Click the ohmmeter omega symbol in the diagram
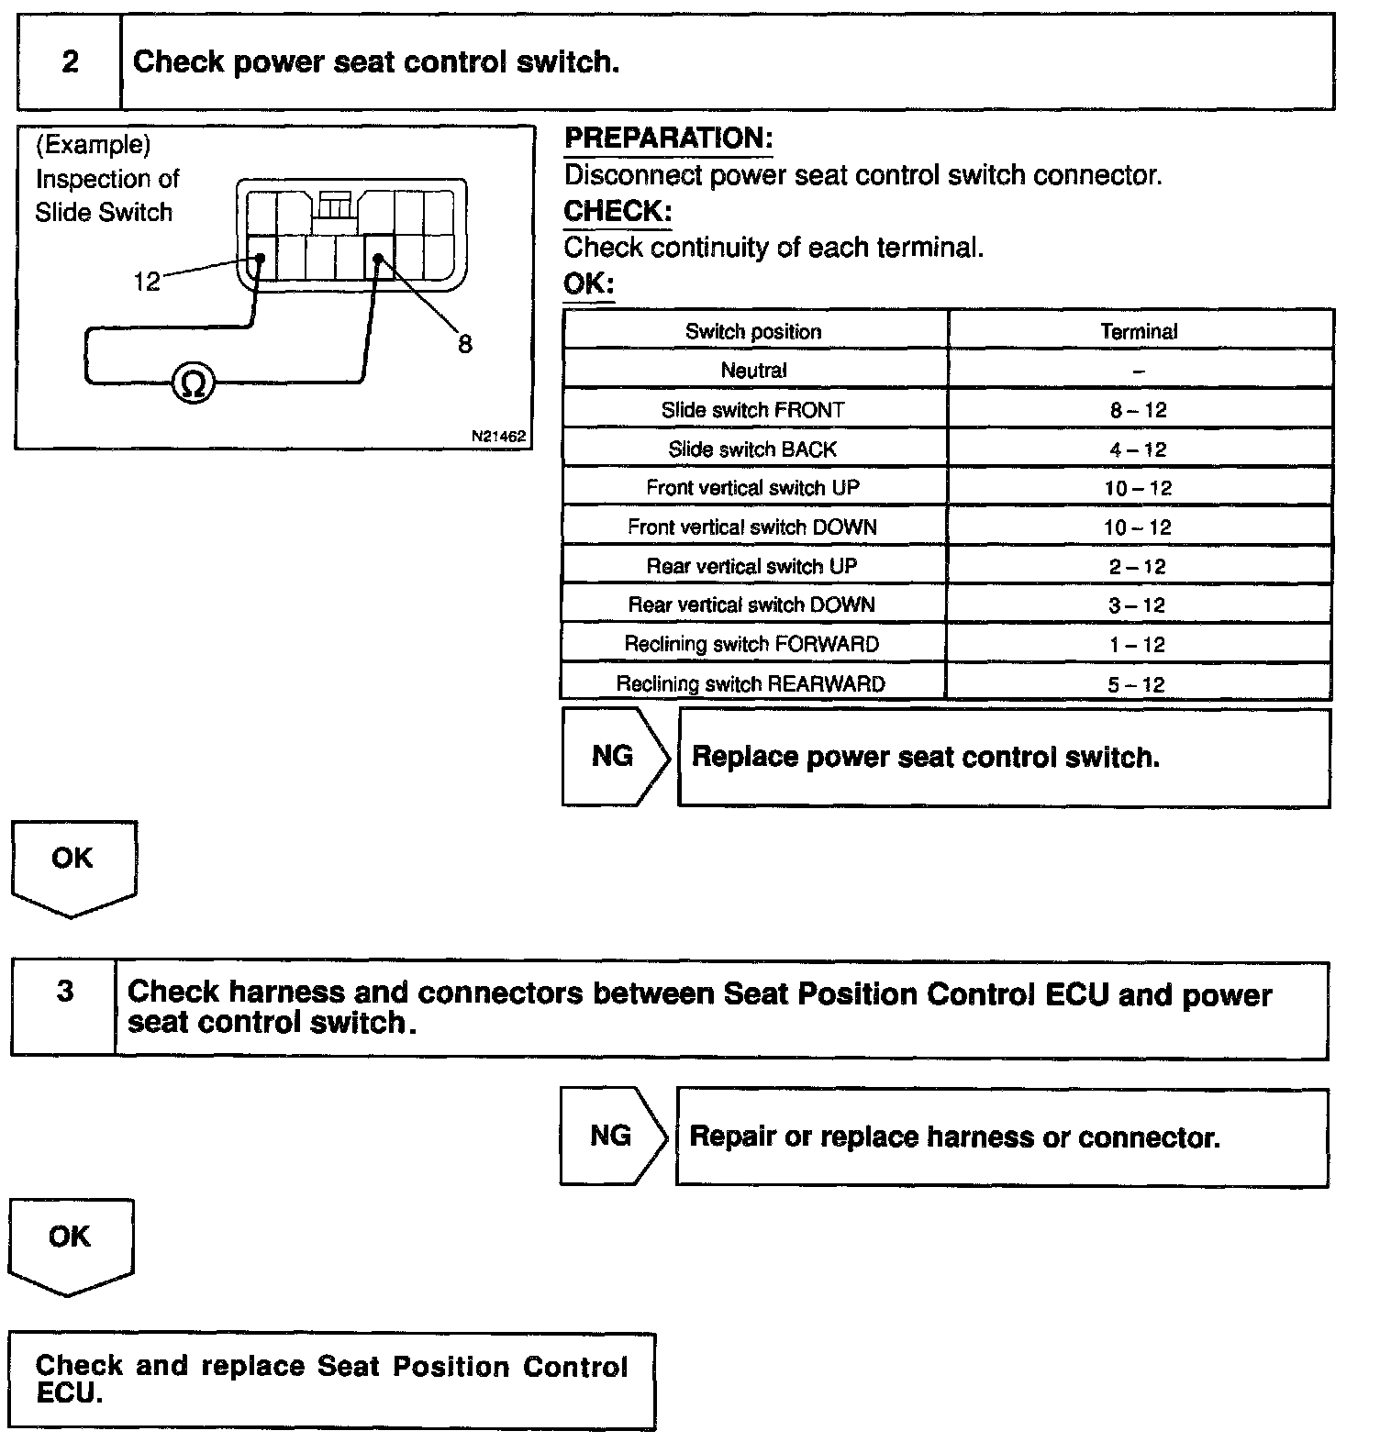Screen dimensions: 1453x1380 pyautogui.click(x=194, y=383)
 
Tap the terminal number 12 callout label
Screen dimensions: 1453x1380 pyautogui.click(x=146, y=282)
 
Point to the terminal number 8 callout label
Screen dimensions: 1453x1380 pyautogui.click(x=465, y=345)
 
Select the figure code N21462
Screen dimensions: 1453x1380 pyautogui.click(x=498, y=437)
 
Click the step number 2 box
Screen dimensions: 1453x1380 pyautogui.click(x=70, y=62)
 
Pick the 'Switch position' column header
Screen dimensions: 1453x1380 pyautogui.click(x=753, y=332)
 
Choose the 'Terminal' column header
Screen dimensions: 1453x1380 pyautogui.click(x=1139, y=332)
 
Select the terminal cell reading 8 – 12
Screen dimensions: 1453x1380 pyautogui.click(x=1138, y=410)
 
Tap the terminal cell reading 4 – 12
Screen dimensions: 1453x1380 pyautogui.click(x=1138, y=449)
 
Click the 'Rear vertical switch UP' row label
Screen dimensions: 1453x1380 pyautogui.click(x=751, y=566)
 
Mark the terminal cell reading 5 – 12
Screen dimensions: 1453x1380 pyautogui.click(x=1137, y=684)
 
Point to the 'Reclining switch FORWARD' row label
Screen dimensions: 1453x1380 pyautogui.click(x=751, y=644)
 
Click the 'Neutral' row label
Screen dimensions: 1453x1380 pyautogui.click(x=753, y=371)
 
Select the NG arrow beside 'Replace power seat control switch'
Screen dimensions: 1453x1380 pyautogui.click(x=615, y=757)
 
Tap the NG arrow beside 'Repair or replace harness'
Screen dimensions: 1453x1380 pyautogui.click(x=613, y=1136)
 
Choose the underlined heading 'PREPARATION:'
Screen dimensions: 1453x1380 pyautogui.click(x=668, y=139)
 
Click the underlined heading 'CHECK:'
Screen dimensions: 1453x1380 pyautogui.click(x=617, y=211)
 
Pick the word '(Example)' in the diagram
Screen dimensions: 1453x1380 pyautogui.click(x=93, y=144)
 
